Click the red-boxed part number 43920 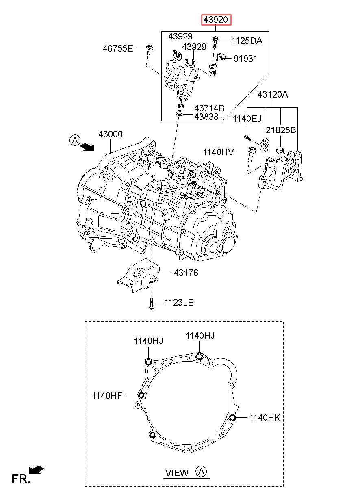(x=216, y=20)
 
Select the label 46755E (x=118, y=48)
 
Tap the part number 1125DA (x=247, y=41)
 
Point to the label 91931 (x=245, y=59)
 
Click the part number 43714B (x=209, y=108)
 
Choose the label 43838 (x=206, y=117)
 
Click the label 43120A (x=273, y=94)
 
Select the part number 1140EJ (x=247, y=119)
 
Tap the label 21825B (x=281, y=130)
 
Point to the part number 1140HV (x=218, y=152)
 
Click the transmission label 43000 (x=110, y=134)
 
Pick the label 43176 (x=186, y=273)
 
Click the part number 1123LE (x=179, y=302)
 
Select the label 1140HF (x=107, y=396)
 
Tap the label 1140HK (x=265, y=418)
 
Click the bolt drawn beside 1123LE (x=152, y=303)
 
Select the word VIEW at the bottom (x=177, y=473)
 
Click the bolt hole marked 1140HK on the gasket (x=232, y=417)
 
